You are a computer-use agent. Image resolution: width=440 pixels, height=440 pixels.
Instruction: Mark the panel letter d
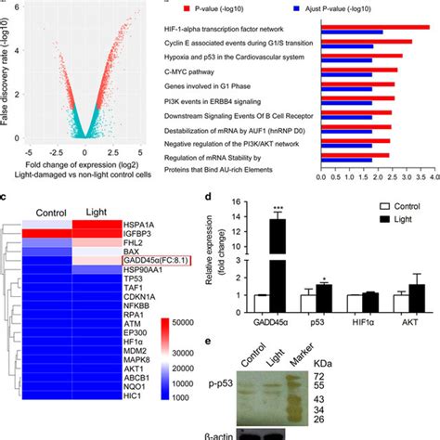click(219, 199)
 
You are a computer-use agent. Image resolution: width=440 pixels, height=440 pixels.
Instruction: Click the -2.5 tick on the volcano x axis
click(57, 149)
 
